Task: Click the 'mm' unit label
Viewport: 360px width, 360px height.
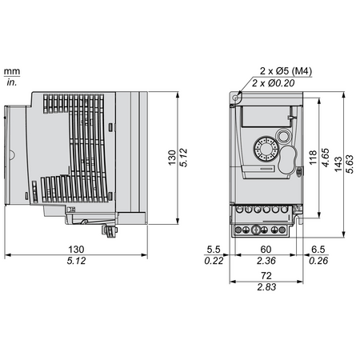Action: coord(12,71)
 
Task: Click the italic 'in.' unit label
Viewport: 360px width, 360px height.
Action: coord(12,82)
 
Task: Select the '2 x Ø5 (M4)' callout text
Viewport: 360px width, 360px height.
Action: coord(286,71)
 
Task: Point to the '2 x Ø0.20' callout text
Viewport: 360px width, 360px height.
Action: coord(274,83)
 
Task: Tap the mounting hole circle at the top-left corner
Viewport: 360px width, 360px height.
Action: coord(235,98)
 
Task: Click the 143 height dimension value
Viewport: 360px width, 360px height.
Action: coord(338,164)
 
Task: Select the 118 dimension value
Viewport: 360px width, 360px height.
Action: coord(313,158)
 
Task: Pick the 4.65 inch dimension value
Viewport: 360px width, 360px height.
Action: coord(326,158)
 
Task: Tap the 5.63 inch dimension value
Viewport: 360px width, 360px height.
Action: coord(350,164)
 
